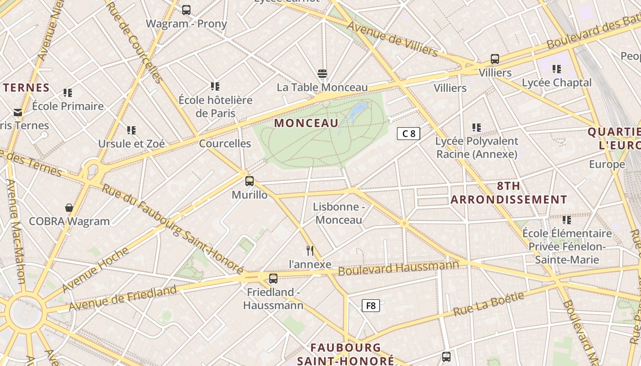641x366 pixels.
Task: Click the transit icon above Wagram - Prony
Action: point(186,10)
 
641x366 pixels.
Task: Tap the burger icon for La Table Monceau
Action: point(322,74)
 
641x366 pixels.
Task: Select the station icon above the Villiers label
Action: point(494,59)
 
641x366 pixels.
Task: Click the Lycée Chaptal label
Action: point(557,83)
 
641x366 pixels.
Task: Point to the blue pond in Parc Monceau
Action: point(356,112)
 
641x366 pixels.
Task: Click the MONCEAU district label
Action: point(306,123)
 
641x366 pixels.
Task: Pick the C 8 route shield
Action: point(408,134)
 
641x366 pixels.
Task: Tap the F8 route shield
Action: point(371,306)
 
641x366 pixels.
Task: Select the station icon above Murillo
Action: point(249,181)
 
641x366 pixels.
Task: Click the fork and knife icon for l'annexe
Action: point(310,251)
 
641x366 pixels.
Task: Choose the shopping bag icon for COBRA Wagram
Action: point(69,208)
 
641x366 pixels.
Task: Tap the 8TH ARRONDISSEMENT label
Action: point(509,193)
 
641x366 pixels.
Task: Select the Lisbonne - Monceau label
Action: point(339,213)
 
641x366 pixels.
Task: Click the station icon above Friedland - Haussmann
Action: point(273,278)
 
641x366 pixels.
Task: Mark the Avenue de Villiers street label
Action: point(392,39)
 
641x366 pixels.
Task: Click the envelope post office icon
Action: point(18,113)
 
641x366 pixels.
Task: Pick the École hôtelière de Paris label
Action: point(215,107)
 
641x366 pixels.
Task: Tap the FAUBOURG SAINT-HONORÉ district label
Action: point(346,354)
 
